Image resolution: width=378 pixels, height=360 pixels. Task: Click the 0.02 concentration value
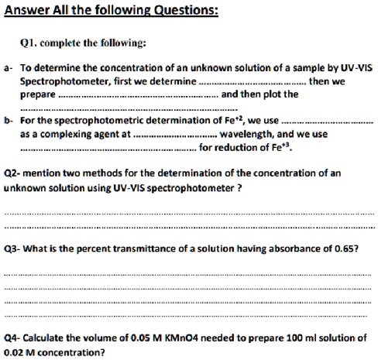click(15, 352)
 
